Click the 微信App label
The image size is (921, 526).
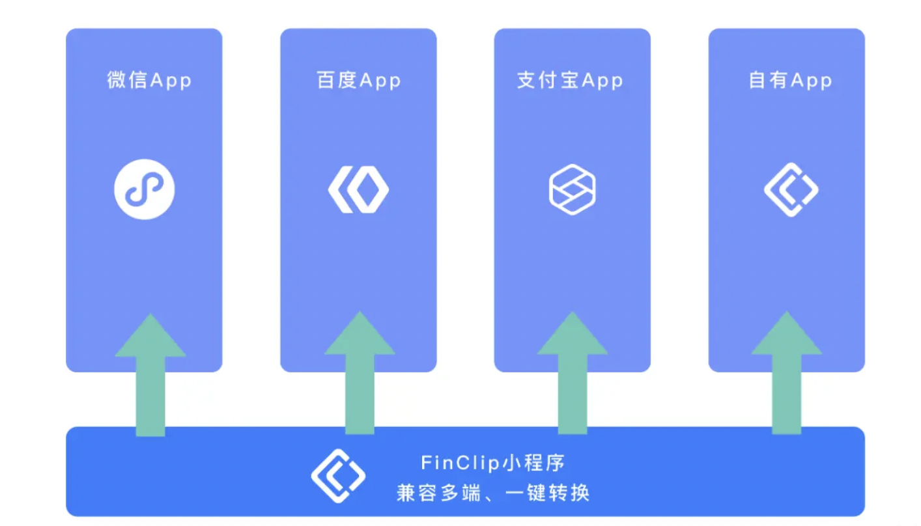[x=149, y=80]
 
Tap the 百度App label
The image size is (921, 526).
[x=358, y=80]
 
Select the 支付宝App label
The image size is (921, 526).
[x=570, y=80]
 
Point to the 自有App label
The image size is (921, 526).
[x=790, y=80]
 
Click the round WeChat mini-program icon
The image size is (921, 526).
[x=145, y=189]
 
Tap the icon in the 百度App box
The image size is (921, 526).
[x=358, y=189]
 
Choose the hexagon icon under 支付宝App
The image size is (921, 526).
[x=572, y=189]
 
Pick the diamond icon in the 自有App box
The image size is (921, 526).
[x=791, y=189]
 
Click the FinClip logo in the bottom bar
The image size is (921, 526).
[x=338, y=475]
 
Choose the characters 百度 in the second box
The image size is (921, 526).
[x=336, y=80]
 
